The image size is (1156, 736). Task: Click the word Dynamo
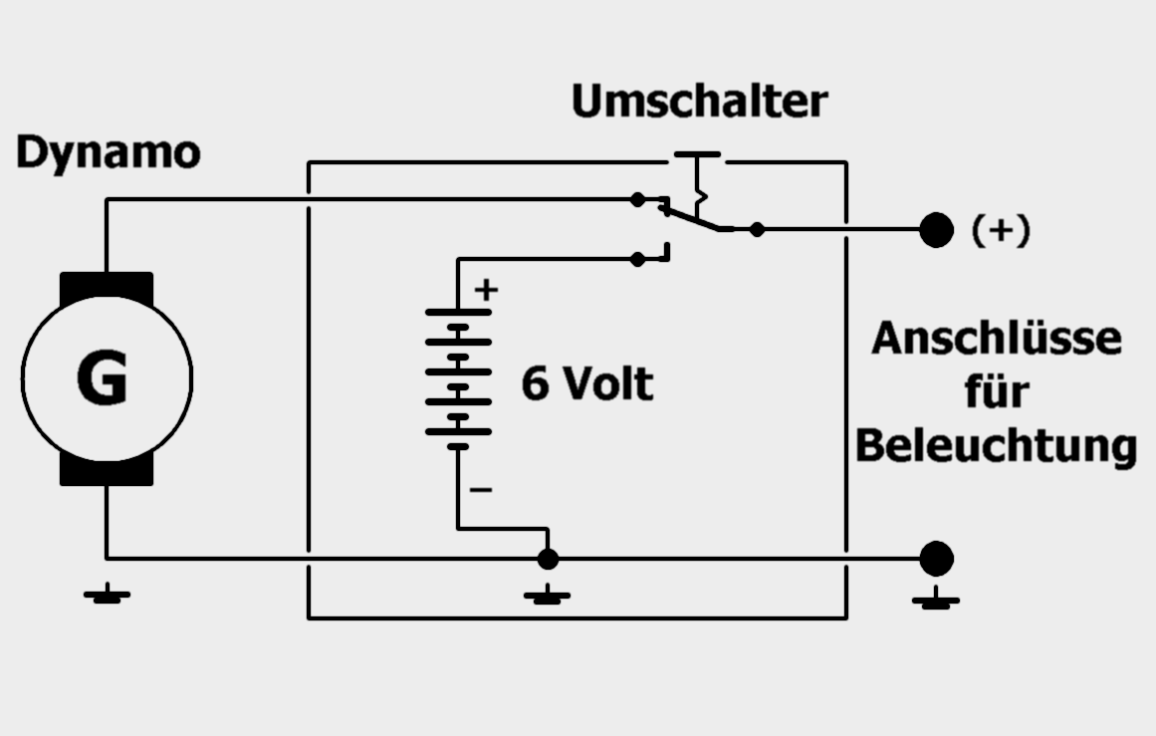[109, 153]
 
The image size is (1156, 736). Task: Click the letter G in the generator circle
[102, 377]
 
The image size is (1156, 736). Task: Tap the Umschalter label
[700, 101]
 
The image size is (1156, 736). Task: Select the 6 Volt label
[586, 383]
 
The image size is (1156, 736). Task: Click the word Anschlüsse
[997, 339]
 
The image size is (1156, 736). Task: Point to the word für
[997, 391]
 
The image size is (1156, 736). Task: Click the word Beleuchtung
[996, 447]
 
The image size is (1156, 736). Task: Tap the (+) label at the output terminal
[1001, 230]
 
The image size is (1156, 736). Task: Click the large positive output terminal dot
[936, 229]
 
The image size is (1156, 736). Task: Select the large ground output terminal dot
[936, 559]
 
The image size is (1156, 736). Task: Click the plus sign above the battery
[486, 289]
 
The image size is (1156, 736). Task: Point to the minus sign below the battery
[481, 489]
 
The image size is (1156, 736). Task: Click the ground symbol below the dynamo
[107, 595]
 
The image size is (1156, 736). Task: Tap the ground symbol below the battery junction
[547, 596]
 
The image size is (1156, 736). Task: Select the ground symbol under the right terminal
[936, 599]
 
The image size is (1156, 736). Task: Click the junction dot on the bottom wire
[548, 559]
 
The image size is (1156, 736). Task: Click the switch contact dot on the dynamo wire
[637, 199]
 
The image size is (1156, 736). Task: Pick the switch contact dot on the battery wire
[637, 259]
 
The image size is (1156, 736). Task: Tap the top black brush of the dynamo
[107, 286]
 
